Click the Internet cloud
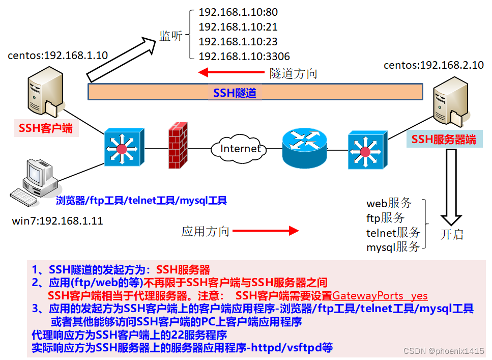(x=240, y=149)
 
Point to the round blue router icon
(x=304, y=148)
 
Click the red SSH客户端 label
(x=46, y=128)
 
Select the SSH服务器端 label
(x=444, y=139)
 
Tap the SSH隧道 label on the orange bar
(x=235, y=93)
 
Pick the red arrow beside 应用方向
(x=273, y=231)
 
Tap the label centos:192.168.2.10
(x=433, y=65)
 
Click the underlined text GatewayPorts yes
(x=380, y=296)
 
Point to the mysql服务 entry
(x=393, y=247)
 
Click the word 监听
(x=171, y=36)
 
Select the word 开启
(x=452, y=235)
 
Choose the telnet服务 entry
(x=393, y=233)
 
